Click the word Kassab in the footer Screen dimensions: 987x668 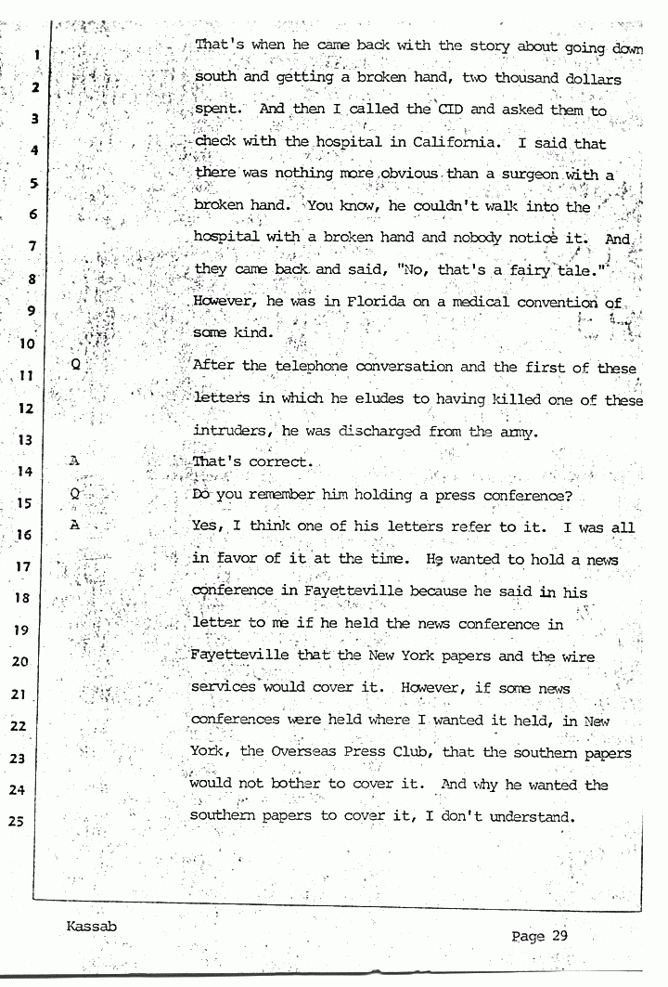pos(92,928)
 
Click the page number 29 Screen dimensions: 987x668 pos(558,936)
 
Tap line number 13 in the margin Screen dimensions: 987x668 pos(25,439)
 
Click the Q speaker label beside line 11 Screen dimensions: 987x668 pos(76,365)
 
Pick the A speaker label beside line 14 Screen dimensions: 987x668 pos(75,460)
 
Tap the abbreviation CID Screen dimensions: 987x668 pos(450,110)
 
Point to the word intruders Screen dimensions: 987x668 pos(227,432)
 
